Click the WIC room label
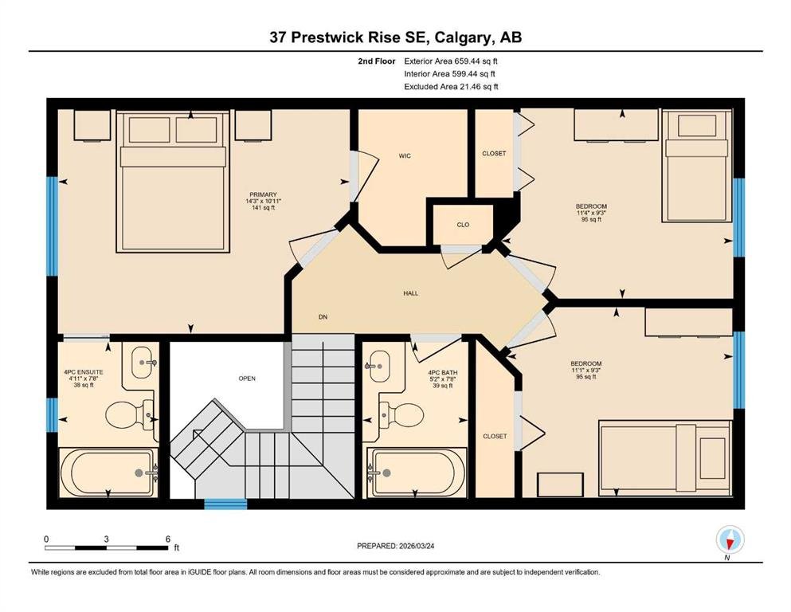[405, 156]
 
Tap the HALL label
[410, 293]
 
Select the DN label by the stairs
[323, 317]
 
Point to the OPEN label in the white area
[247, 379]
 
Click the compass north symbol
[730, 541]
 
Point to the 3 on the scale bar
[106, 539]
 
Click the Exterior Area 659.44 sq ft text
[451, 61]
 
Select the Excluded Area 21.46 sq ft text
[451, 86]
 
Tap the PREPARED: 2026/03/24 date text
[395, 546]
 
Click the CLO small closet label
[463, 225]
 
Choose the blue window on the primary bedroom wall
[53, 226]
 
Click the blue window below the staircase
[225, 504]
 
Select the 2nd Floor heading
[376, 61]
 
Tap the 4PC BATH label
[442, 373]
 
